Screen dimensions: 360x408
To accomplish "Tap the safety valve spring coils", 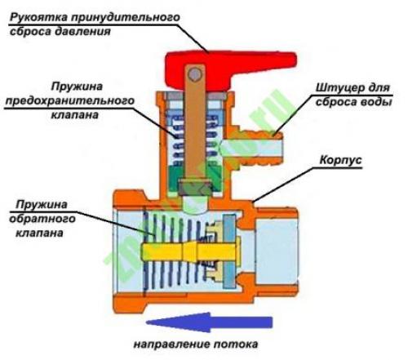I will (175, 131).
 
